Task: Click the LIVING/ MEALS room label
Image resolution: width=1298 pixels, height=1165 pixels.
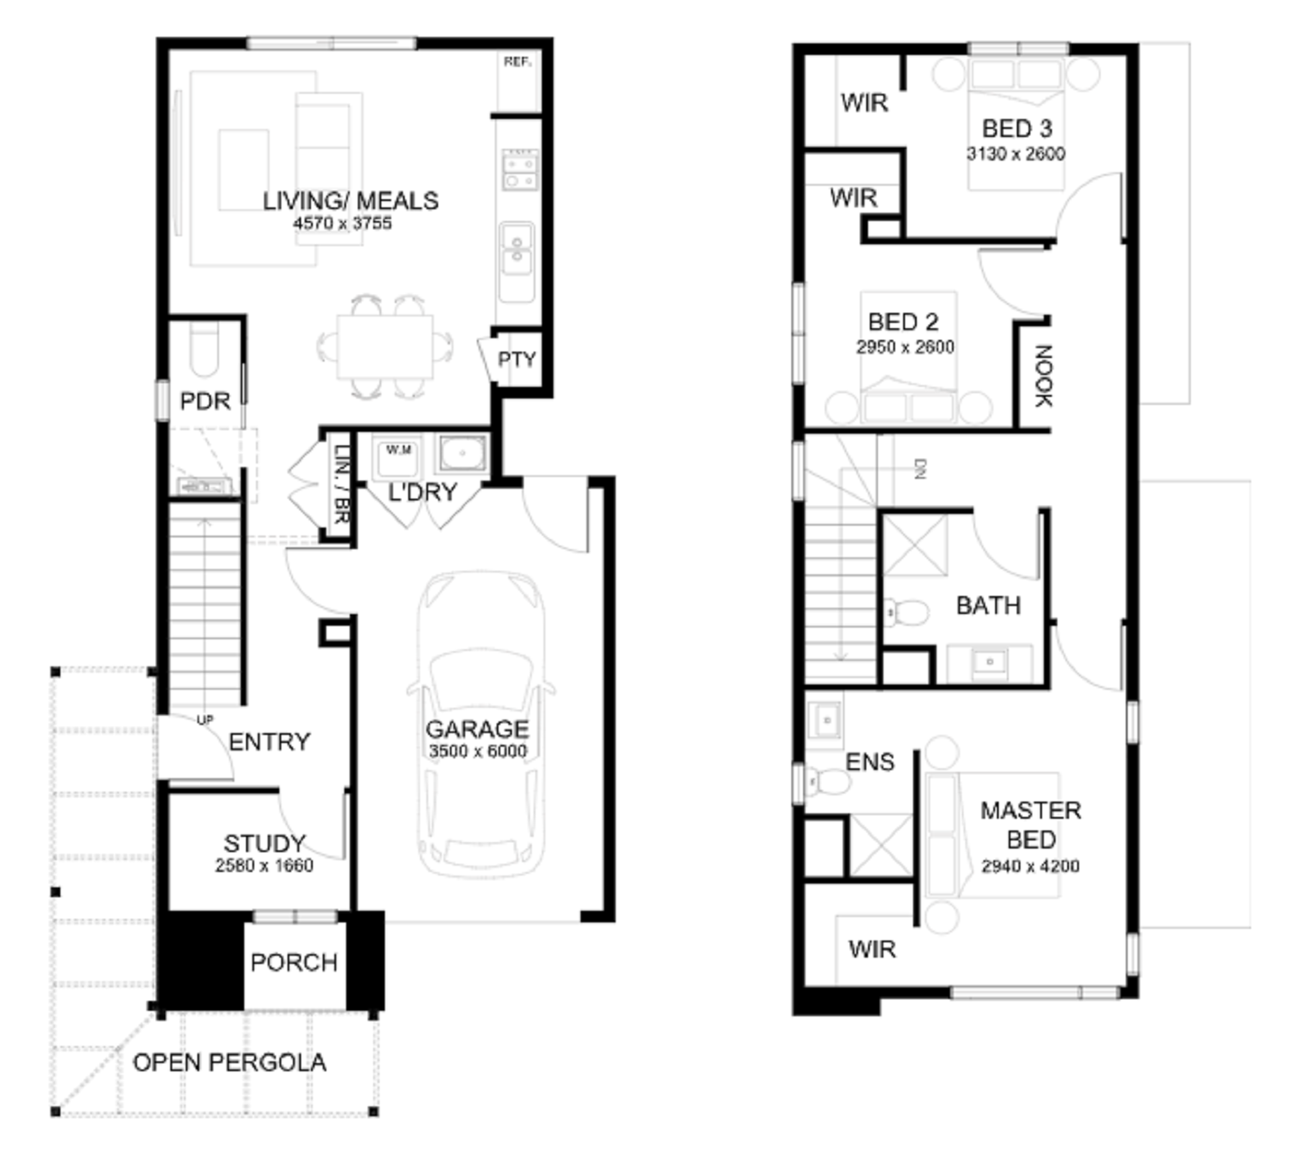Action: coord(351,200)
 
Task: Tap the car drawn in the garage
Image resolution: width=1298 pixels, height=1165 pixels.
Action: coord(480,723)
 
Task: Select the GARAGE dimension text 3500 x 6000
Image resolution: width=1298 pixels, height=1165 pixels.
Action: coord(478,751)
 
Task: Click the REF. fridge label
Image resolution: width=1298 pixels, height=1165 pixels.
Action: coord(517,61)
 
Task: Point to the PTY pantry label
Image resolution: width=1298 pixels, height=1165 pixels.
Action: coord(516,360)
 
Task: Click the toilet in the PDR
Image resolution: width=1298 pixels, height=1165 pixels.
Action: coord(205,348)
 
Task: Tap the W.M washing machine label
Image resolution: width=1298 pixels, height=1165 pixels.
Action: coord(398,450)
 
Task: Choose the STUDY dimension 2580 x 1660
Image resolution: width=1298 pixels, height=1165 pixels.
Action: coord(264,865)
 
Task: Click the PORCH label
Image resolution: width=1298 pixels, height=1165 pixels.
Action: coord(294,962)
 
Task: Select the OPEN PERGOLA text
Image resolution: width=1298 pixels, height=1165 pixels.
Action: coord(229,1062)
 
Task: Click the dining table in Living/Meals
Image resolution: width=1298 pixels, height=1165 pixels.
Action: coord(385,346)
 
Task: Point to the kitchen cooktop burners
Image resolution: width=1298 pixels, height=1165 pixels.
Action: coord(519,170)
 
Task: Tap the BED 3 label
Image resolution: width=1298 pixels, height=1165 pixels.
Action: coord(1017,129)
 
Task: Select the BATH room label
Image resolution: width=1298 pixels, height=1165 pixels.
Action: coord(988,606)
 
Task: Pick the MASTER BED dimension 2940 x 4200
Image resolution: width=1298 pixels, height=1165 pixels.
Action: coord(1030,866)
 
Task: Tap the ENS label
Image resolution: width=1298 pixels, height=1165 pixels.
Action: coord(870,762)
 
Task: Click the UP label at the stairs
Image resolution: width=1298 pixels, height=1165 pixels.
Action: coord(205,720)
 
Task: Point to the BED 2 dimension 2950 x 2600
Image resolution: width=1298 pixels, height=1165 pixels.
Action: coord(905,346)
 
